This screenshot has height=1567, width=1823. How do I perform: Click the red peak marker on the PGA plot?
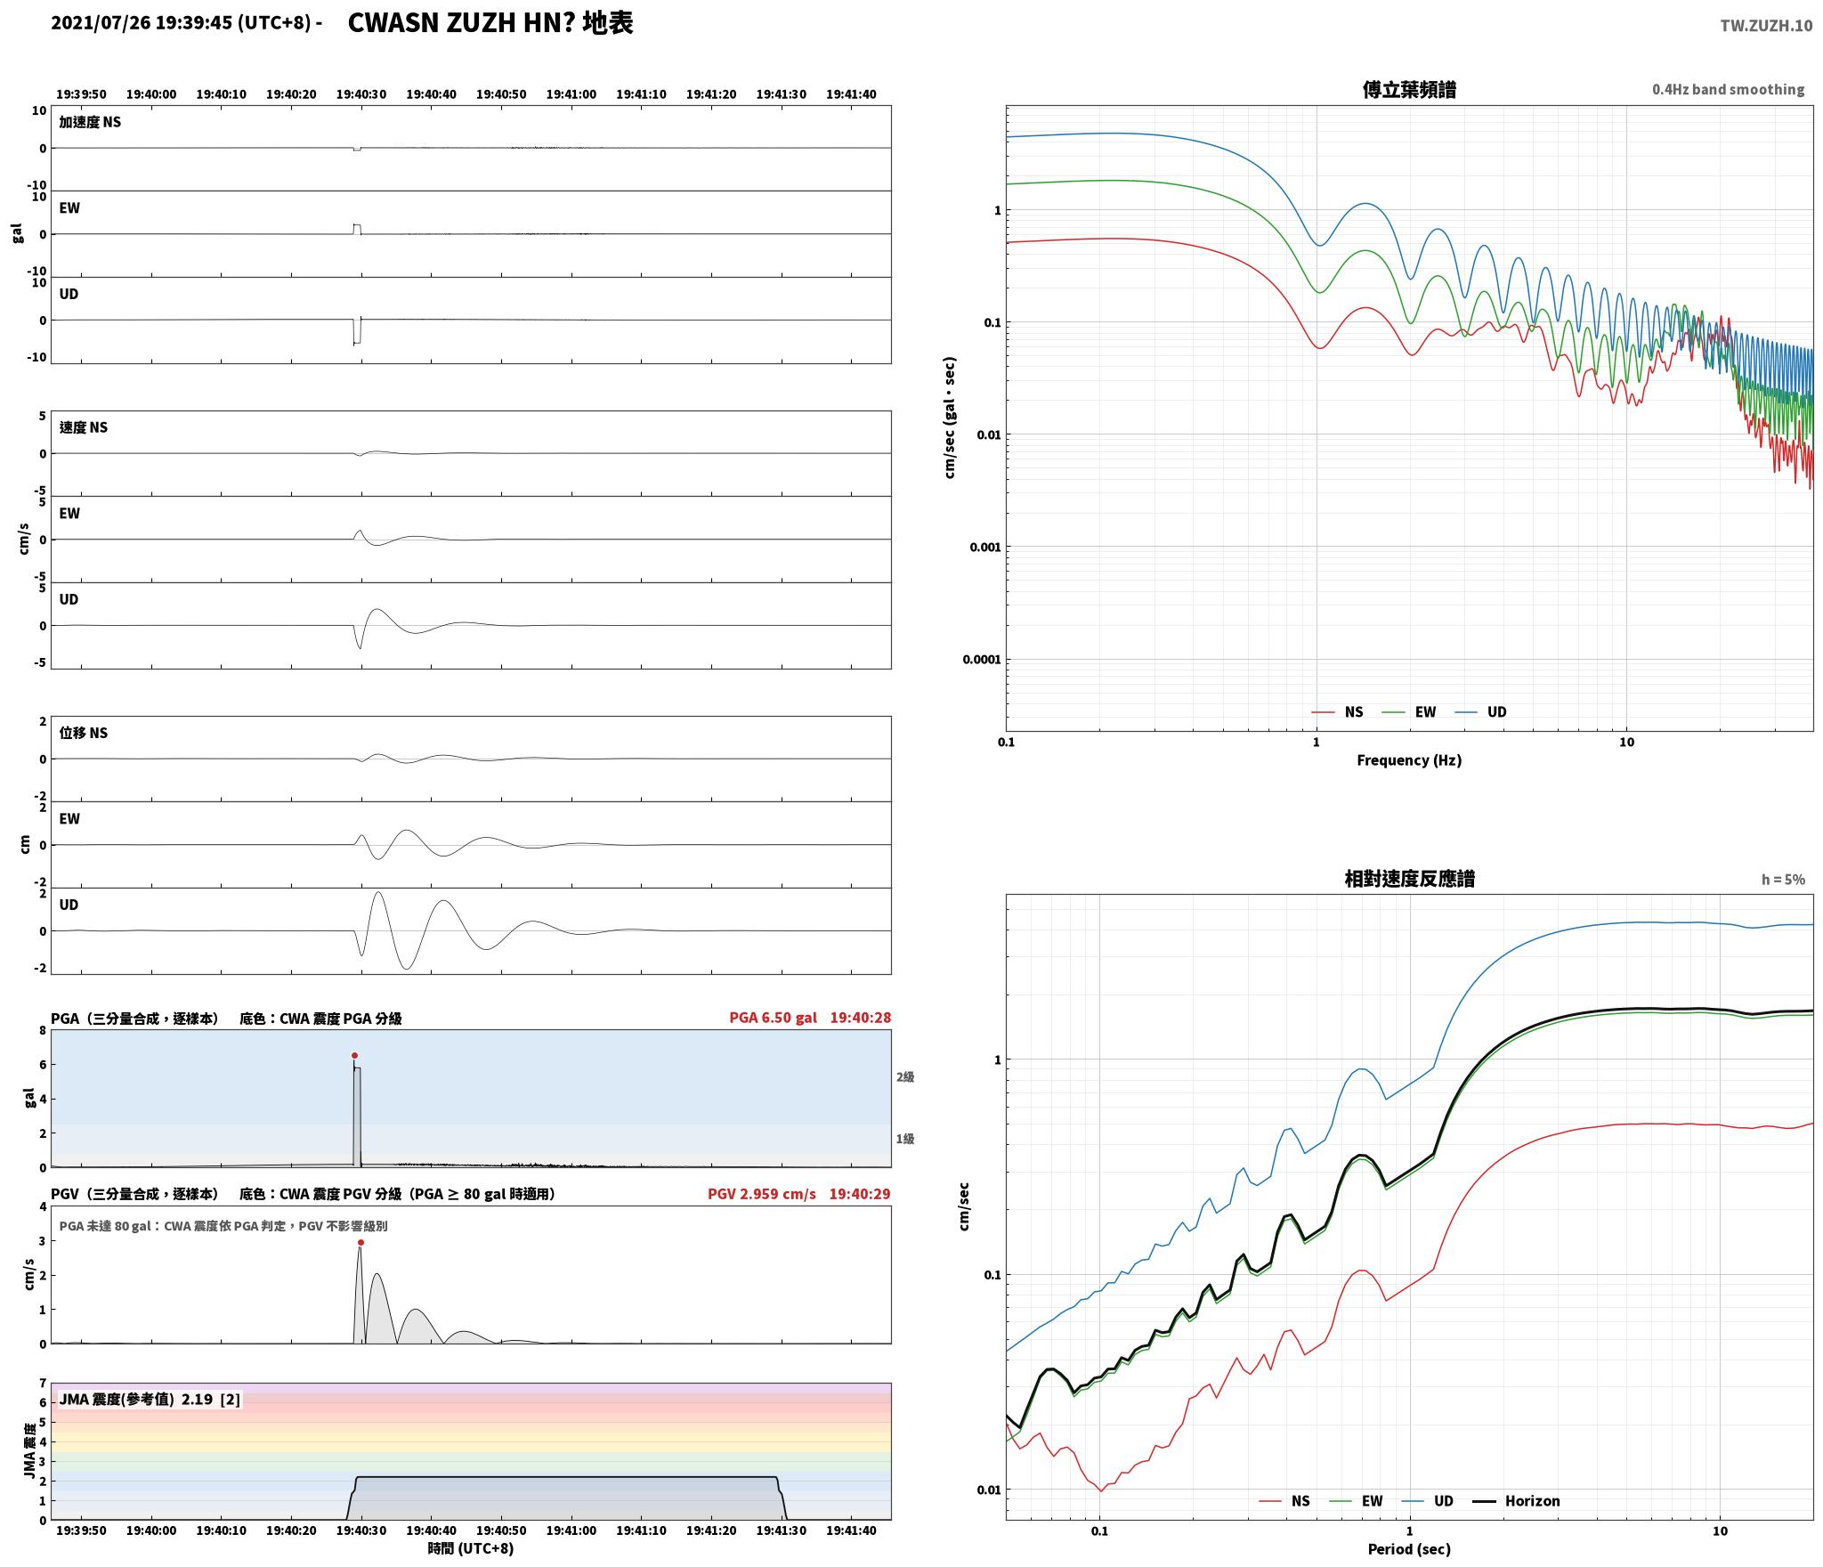coord(354,1055)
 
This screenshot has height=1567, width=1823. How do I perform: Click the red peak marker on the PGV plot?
coord(361,1242)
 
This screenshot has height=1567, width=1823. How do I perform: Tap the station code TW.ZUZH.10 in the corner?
coord(1766,26)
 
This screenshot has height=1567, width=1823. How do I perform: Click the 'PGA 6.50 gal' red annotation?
coord(773,1018)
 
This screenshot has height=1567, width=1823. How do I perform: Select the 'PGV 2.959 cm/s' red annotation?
coord(762,1194)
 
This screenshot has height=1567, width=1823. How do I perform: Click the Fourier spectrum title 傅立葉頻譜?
coord(1409,90)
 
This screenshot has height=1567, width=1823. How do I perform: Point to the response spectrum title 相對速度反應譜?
coord(1409,879)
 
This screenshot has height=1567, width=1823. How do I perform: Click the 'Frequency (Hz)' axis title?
coord(1409,759)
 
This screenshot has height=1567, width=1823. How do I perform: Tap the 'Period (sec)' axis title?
coord(1409,1548)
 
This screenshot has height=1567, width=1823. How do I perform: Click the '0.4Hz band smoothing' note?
coord(1729,89)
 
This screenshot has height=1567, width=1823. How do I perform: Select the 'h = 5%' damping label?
coord(1783,879)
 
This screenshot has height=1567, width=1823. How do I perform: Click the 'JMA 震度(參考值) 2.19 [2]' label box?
coord(150,1399)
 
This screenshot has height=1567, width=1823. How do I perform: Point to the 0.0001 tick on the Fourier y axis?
coord(981,659)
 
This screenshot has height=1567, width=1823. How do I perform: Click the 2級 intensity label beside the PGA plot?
coord(905,1076)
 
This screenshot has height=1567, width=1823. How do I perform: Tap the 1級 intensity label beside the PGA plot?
coord(905,1139)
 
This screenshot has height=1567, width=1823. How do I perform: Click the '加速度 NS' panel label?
coord(90,122)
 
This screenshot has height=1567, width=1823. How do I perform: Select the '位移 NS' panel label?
coord(84,733)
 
